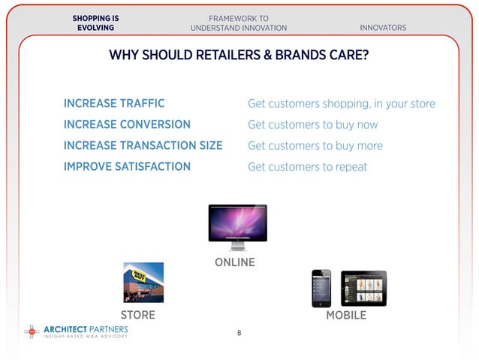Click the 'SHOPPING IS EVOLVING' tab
(x=95, y=23)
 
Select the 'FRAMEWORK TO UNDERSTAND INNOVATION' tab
(x=239, y=23)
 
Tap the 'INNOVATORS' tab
(x=383, y=28)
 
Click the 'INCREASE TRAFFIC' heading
(x=114, y=104)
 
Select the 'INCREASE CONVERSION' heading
(x=127, y=125)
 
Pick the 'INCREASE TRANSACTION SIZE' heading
(x=143, y=146)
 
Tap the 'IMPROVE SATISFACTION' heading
(x=127, y=167)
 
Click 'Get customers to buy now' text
(x=312, y=125)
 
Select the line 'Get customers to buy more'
(x=315, y=146)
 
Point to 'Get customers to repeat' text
(x=307, y=167)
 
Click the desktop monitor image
(x=237, y=225)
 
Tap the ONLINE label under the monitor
(x=235, y=263)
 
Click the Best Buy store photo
(x=143, y=282)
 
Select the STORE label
(x=138, y=316)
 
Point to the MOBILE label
(x=346, y=316)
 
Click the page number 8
(x=239, y=333)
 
